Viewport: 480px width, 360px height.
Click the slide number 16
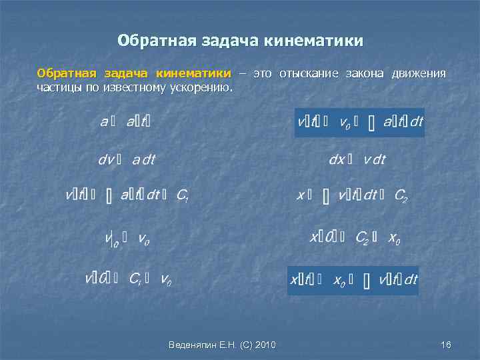click(446, 344)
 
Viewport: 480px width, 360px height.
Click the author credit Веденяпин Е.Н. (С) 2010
click(223, 344)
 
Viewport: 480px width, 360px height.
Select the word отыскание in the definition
click(309, 73)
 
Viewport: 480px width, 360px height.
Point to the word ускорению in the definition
click(203, 87)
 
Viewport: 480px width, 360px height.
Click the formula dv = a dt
click(127, 159)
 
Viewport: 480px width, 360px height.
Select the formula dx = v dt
click(357, 159)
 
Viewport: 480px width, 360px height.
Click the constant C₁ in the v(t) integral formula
click(183, 195)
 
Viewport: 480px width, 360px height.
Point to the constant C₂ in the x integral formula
click(401, 195)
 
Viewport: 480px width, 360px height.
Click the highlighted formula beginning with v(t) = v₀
click(359, 123)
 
